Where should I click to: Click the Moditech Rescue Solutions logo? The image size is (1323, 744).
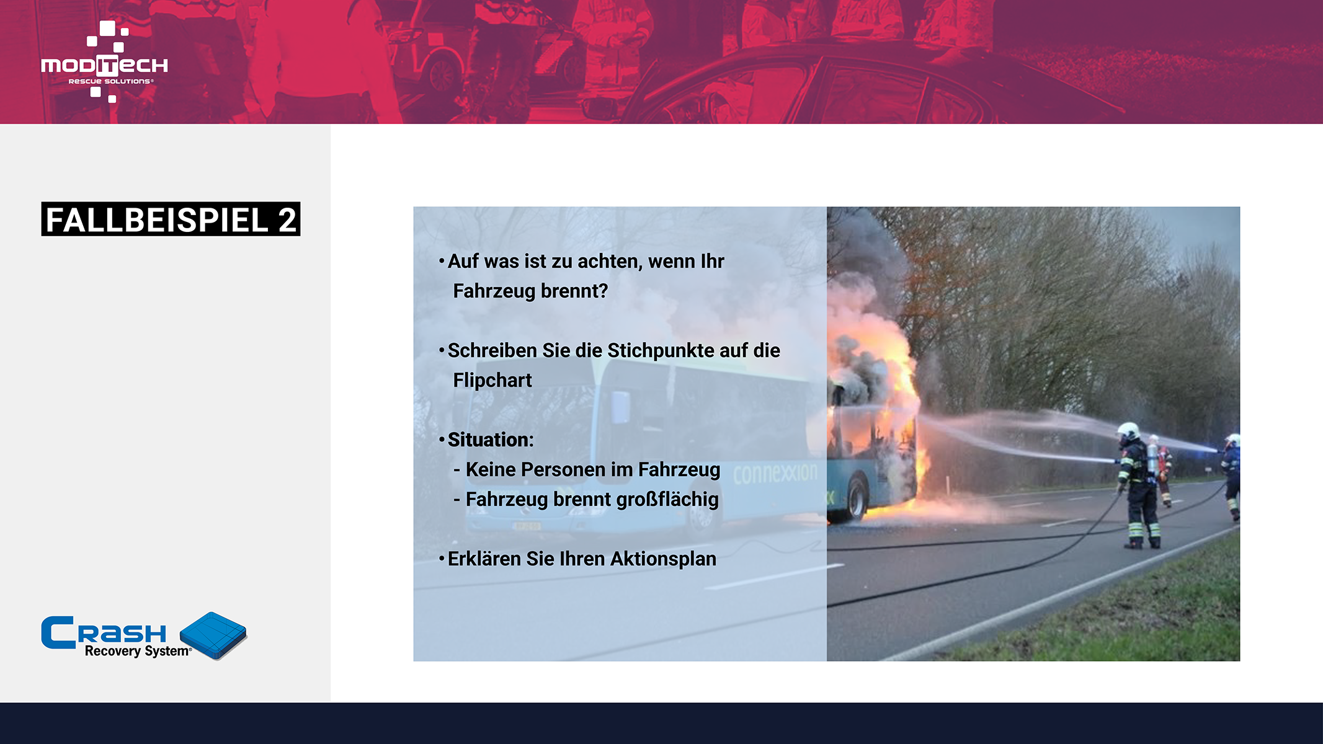tap(104, 61)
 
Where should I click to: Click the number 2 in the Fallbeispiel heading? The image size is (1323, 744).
tap(287, 220)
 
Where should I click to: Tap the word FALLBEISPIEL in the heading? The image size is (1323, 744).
tap(158, 220)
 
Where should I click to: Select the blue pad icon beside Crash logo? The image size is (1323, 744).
tap(213, 635)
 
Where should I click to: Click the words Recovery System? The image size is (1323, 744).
tap(138, 651)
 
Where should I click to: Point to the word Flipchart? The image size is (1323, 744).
tap(492, 380)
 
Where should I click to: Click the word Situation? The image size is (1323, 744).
tap(489, 440)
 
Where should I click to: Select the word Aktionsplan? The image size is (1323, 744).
tap(663, 559)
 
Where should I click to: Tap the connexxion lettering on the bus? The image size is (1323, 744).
tap(775, 474)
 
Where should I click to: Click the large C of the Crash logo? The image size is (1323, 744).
tap(58, 632)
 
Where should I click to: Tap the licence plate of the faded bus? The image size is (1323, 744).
tap(526, 526)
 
